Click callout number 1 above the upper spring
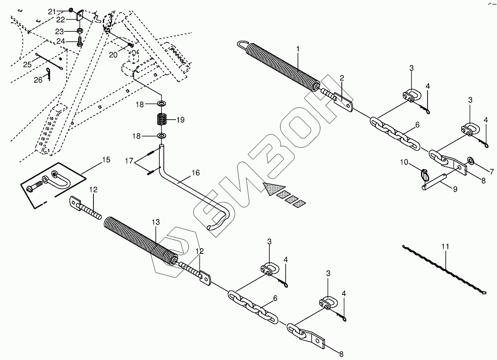(x=298, y=49)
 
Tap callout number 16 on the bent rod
(x=195, y=173)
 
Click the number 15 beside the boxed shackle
(x=106, y=160)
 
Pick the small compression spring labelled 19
(x=162, y=120)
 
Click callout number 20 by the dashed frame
(x=113, y=55)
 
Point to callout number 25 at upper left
(x=27, y=64)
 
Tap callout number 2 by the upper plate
(x=342, y=77)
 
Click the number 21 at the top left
(x=52, y=11)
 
